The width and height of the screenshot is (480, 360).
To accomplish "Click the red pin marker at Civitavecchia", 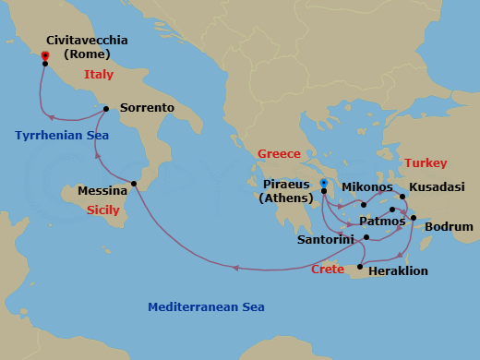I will [44, 56].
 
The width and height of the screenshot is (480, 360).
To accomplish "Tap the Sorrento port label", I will [147, 108].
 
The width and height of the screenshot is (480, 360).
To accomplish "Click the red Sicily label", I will [103, 210].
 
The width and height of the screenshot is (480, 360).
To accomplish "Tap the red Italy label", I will [99, 74].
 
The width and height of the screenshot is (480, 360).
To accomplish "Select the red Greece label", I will [279, 154].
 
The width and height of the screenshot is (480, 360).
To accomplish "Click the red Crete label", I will [328, 269].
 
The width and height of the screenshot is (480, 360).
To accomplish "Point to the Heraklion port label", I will [399, 272].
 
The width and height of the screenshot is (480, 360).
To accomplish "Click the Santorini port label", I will [323, 239].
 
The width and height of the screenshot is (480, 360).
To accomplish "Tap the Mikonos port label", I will [367, 186].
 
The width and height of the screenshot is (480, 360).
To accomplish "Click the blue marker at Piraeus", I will [324, 184].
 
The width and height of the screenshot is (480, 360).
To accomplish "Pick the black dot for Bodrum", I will [414, 219].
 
